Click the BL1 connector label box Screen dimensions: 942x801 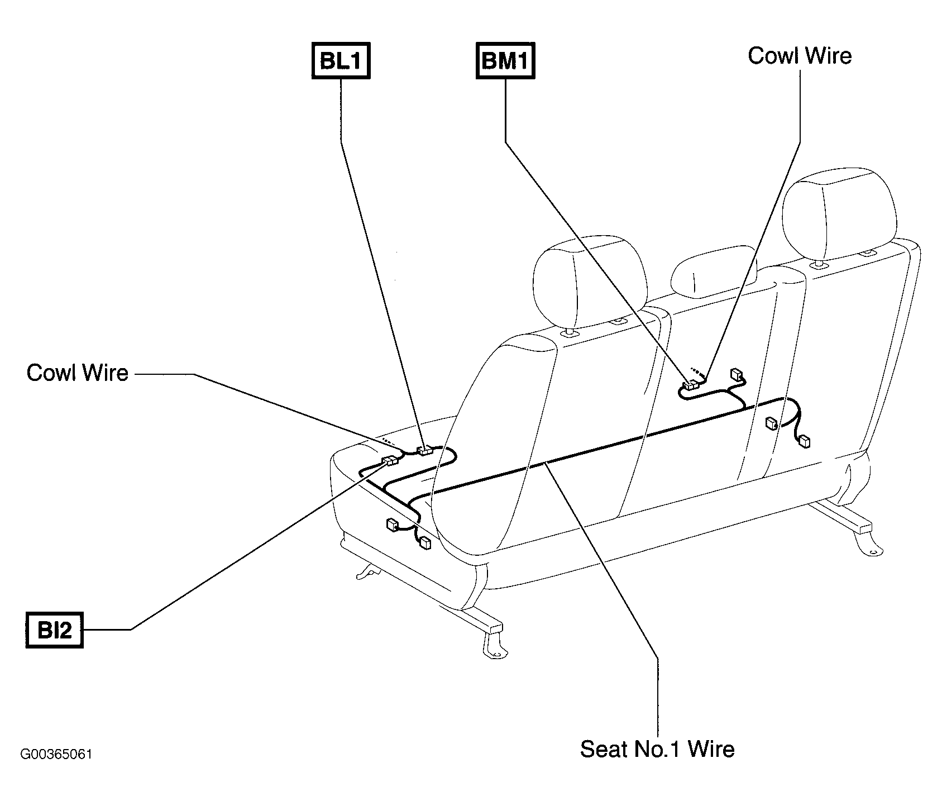[x=341, y=61]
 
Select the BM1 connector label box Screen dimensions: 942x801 [x=505, y=61]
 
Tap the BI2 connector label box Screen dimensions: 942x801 [x=54, y=630]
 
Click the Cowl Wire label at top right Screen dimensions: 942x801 [x=800, y=56]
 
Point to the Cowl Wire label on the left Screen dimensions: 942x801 [x=78, y=373]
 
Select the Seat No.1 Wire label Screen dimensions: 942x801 [x=657, y=749]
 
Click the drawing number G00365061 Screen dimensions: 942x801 [x=56, y=755]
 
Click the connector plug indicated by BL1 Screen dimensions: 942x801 [x=426, y=450]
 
